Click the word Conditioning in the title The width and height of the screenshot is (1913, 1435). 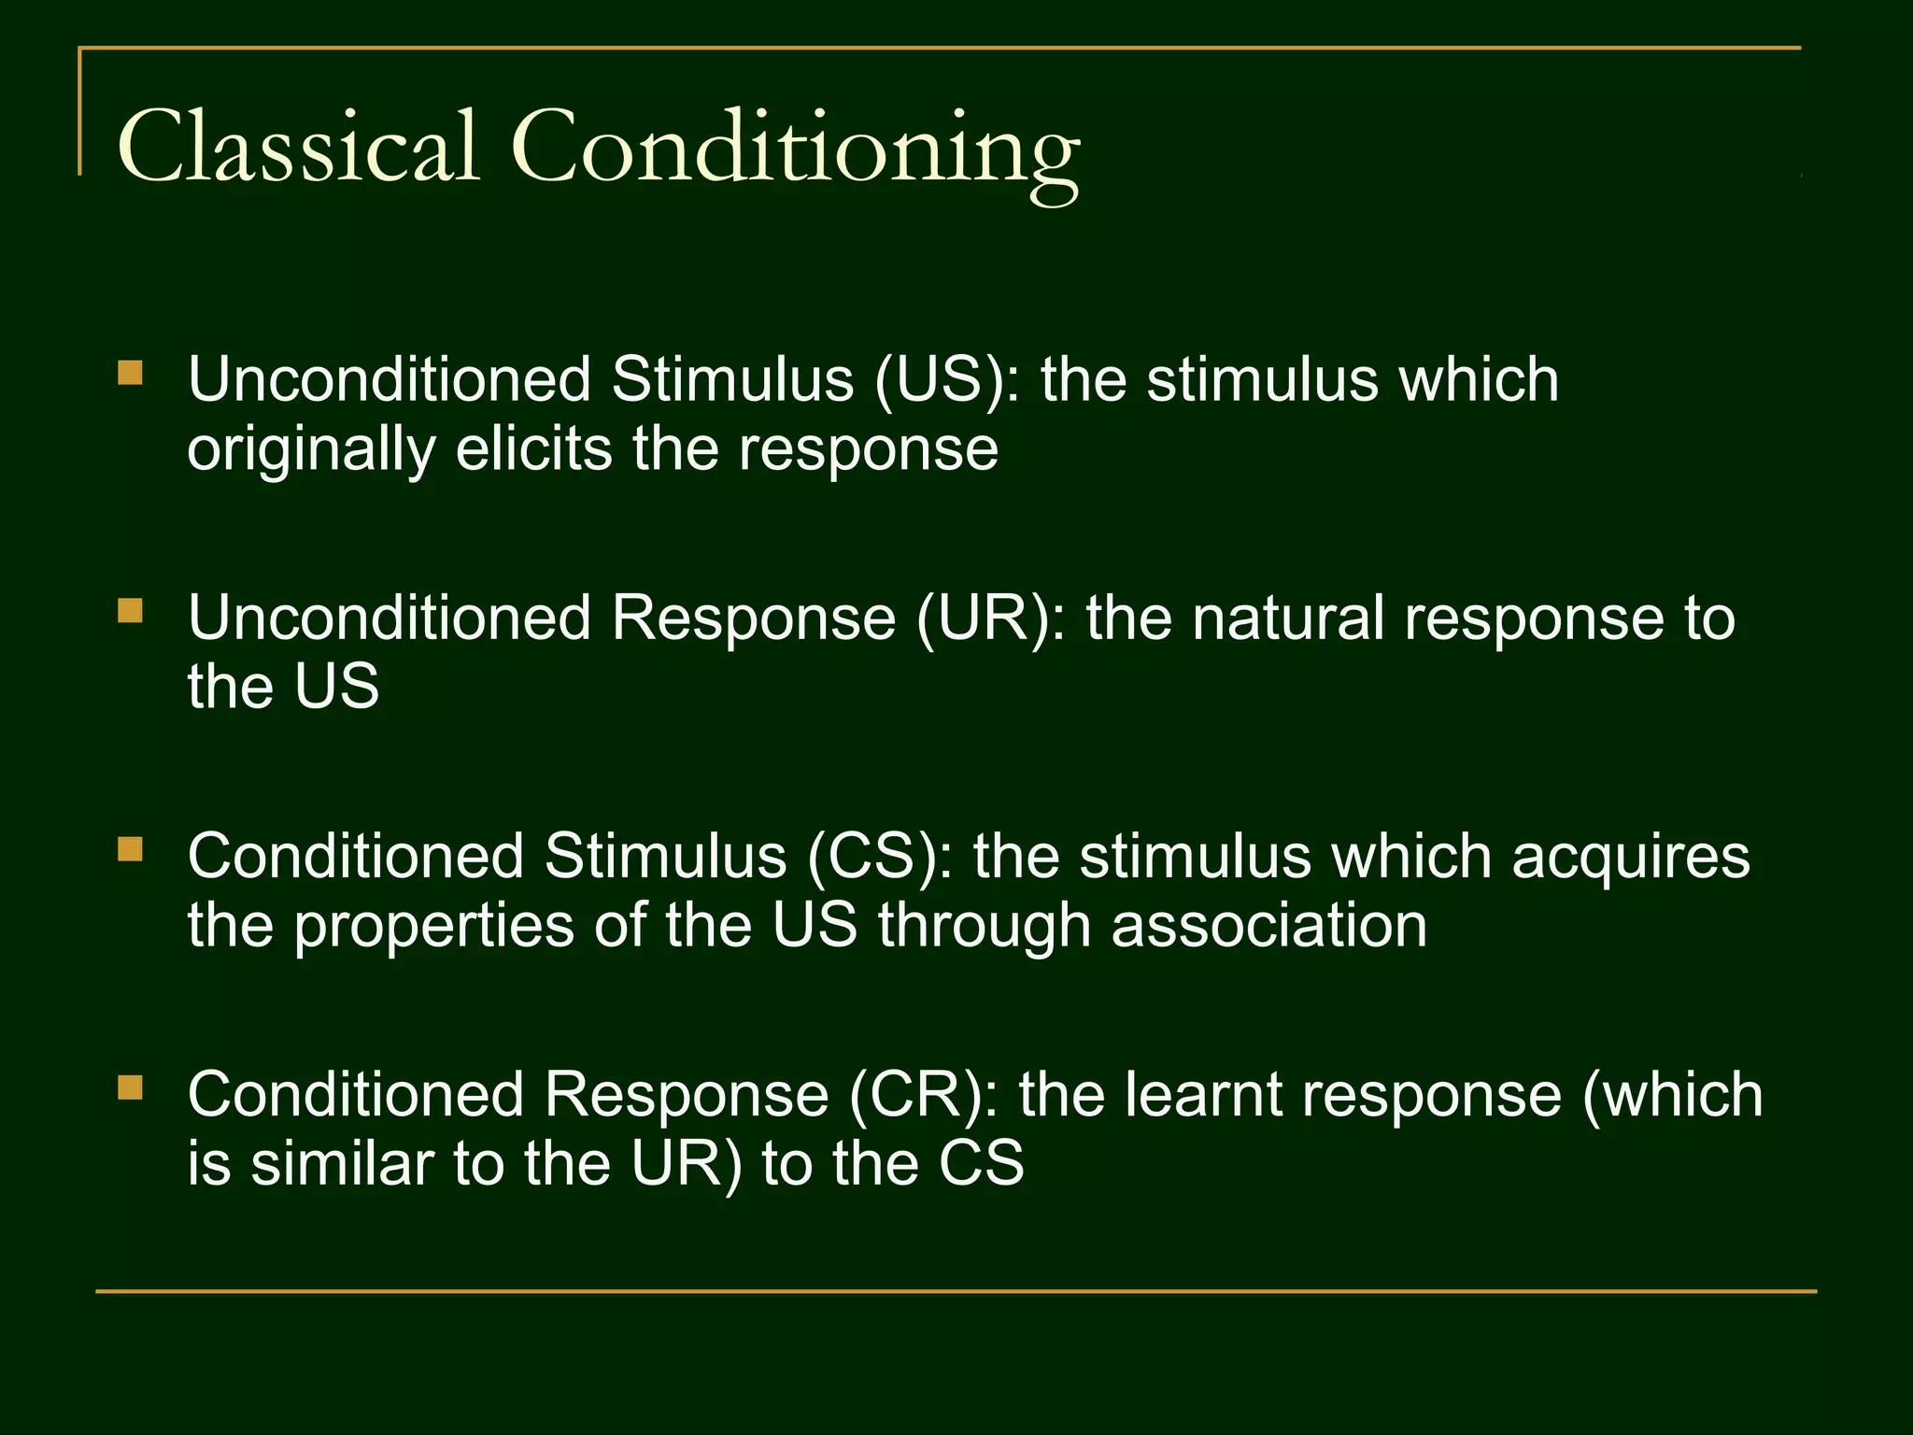coord(794,149)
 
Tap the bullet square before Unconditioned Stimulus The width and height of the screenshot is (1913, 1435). coord(131,375)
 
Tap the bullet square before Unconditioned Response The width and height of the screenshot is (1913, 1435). coord(131,612)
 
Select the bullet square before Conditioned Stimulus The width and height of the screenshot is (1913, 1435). coord(131,850)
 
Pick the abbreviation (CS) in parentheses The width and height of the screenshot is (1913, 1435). coord(871,858)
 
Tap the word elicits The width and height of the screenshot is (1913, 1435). coord(533,449)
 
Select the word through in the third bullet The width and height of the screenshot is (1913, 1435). coord(984,928)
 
